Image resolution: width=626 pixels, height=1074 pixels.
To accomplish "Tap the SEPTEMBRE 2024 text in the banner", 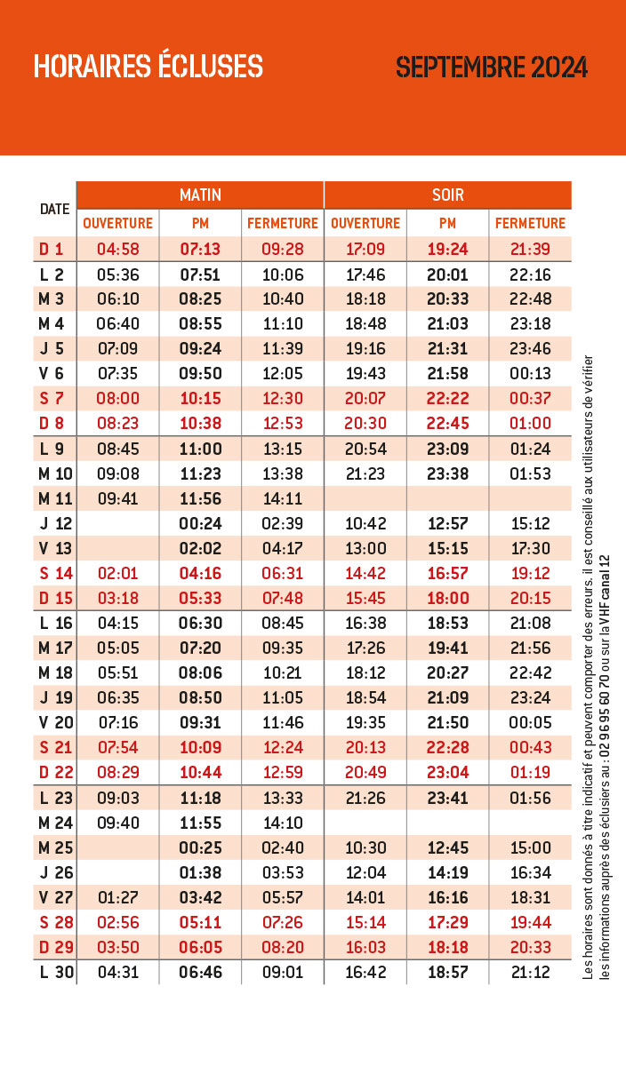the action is point(492,67).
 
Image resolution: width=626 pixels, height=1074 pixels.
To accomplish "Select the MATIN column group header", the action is point(200,195).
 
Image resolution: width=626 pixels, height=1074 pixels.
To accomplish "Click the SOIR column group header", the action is point(448,195).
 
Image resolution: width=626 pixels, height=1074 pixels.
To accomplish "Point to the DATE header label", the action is point(55,209).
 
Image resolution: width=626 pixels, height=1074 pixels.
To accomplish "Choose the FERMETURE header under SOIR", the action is point(531,223).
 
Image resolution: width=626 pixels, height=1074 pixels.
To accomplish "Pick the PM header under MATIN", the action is point(200,223).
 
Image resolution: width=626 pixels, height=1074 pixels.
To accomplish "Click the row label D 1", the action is point(51,249).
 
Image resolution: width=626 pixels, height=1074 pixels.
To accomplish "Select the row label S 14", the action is point(56,573).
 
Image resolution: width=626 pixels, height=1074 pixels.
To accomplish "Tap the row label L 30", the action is point(57,972).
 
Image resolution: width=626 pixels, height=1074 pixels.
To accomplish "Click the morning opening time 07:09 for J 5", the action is point(117,348).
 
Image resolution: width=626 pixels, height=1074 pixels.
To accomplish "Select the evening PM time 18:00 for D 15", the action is point(448,598).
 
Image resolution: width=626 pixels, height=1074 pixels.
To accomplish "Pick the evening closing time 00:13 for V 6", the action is point(531,373).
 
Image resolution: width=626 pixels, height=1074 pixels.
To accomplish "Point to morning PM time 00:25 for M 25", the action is point(200,847).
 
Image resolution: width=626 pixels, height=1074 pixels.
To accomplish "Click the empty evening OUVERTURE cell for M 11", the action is point(365,498).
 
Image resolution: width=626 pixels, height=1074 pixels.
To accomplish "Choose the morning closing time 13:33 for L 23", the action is point(283,798).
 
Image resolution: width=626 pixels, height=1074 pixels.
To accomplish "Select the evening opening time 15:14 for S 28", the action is point(365,922).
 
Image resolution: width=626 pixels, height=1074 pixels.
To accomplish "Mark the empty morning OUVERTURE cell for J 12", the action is point(117,523).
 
